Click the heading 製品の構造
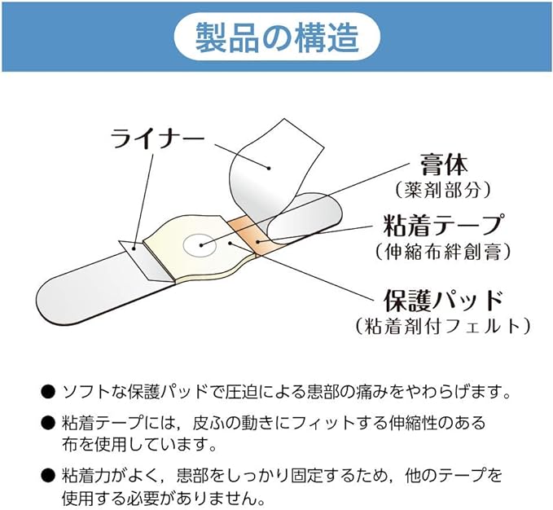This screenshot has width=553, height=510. (277, 37)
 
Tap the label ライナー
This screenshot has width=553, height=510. (157, 138)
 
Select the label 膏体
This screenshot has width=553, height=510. (443, 165)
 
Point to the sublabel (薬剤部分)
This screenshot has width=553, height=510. (443, 190)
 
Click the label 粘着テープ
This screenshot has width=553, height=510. (442, 226)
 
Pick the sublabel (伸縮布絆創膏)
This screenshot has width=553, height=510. (443, 252)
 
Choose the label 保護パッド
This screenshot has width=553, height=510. (443, 300)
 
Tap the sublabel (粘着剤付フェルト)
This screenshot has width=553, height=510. (443, 325)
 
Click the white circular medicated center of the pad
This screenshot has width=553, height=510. (200, 244)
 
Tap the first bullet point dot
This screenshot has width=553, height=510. (48, 392)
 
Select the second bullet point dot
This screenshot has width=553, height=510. (48, 422)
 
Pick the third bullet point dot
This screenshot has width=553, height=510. (48, 475)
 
